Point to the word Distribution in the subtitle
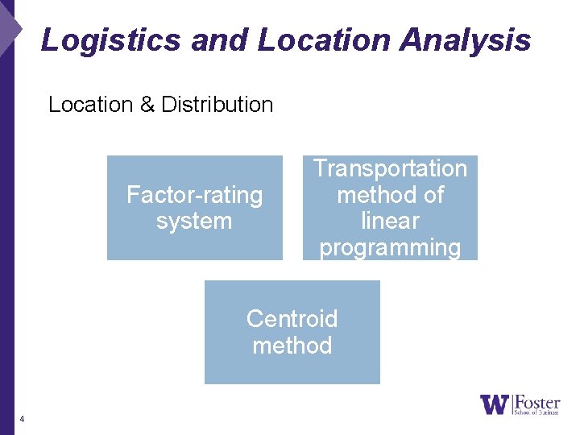(x=217, y=105)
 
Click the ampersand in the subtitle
(x=147, y=105)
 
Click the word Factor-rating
(x=195, y=195)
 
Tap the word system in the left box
(x=194, y=222)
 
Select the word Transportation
(x=390, y=168)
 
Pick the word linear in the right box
(x=390, y=221)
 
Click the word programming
(x=390, y=247)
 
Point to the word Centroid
(x=292, y=319)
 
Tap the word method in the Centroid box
(x=292, y=346)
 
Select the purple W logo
(x=494, y=404)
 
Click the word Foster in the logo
(x=537, y=400)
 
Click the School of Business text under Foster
(x=536, y=412)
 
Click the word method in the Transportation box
(x=375, y=195)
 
